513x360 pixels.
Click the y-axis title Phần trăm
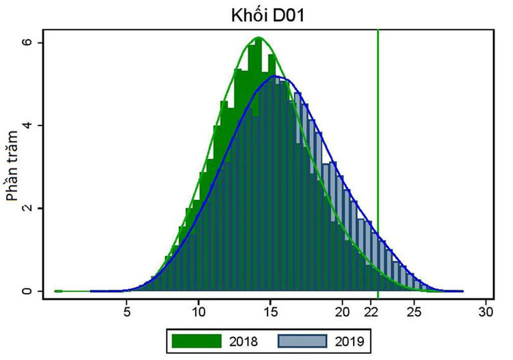[x=12, y=166]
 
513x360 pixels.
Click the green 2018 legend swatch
[x=197, y=340]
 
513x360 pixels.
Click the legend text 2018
[x=244, y=340]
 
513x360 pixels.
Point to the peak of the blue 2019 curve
[x=276, y=76]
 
